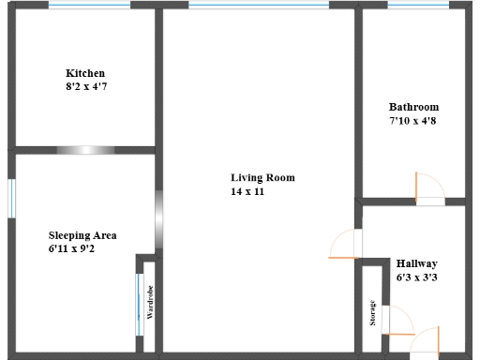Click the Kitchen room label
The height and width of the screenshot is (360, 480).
coord(84,73)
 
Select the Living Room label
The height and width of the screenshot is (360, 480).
coord(262,177)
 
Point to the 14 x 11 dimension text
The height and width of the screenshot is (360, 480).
coord(249,190)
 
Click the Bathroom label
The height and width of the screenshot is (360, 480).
coord(413,107)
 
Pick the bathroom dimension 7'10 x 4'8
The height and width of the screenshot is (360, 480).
coord(413,120)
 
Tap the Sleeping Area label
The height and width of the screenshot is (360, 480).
coord(82,235)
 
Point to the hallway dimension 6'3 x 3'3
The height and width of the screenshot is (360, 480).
coord(416,277)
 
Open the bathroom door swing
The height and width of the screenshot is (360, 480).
coord(429,188)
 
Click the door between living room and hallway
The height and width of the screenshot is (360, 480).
coord(345,243)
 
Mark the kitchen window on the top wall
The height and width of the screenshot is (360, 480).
coord(89,5)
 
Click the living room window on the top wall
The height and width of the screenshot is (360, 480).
coord(259,5)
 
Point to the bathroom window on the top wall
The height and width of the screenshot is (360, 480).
coord(418,5)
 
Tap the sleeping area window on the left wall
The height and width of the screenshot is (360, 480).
coord(11,198)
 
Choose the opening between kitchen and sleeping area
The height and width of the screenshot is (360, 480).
coord(85,149)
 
